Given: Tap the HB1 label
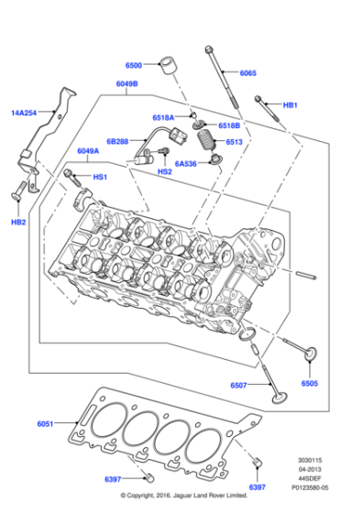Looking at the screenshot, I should pyautogui.click(x=290, y=105).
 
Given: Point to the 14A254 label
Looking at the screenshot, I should pyautogui.click(x=24, y=113).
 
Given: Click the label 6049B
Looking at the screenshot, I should pyautogui.click(x=126, y=84).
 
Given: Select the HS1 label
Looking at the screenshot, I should pyautogui.click(x=100, y=176).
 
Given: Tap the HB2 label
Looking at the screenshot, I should pyautogui.click(x=18, y=222).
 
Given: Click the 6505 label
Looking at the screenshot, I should pyautogui.click(x=309, y=383).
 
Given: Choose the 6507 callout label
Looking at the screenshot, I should pyautogui.click(x=240, y=386).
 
